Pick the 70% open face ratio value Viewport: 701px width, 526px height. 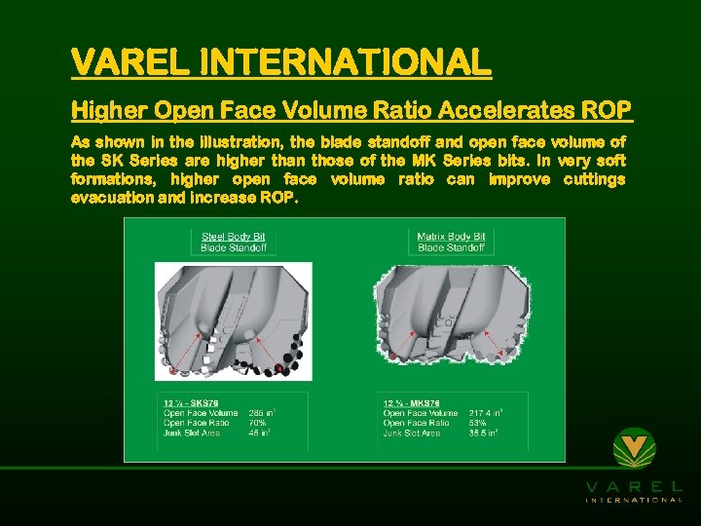[258, 423]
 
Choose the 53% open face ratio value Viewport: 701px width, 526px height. [479, 423]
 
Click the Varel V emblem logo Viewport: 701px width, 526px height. [634, 449]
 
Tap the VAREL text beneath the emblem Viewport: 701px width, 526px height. [634, 485]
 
